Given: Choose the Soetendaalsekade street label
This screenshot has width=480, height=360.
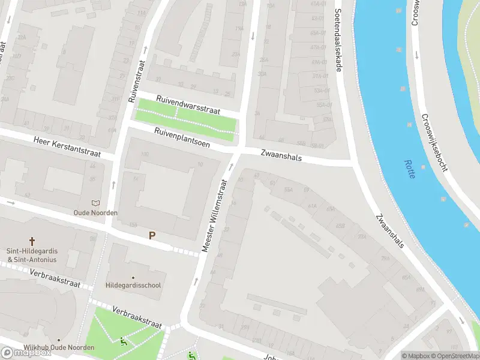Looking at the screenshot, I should click(x=338, y=40).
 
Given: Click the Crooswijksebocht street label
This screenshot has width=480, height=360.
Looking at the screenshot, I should click(x=434, y=143).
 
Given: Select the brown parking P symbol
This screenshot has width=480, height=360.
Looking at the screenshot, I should click(x=152, y=236).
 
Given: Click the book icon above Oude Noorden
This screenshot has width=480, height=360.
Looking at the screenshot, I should click(x=95, y=203).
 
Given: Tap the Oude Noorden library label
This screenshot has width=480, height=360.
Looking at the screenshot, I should click(x=95, y=212).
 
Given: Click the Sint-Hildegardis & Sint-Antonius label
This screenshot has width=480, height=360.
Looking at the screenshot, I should click(x=32, y=256).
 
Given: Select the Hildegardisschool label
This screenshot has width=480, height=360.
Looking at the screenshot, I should click(x=133, y=285).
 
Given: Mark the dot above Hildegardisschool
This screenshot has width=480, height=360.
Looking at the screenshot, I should click(x=133, y=277).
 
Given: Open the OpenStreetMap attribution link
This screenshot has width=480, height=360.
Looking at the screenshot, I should click(x=454, y=356).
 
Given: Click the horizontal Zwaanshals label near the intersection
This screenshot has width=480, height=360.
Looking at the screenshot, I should click(x=281, y=155).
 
